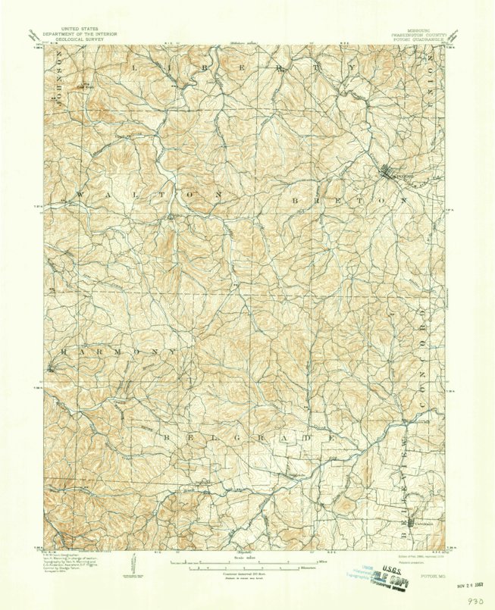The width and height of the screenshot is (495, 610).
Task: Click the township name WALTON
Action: click(x=148, y=195)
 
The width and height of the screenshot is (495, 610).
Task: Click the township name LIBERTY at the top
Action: click(x=243, y=67)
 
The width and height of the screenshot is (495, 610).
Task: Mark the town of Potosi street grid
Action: click(x=393, y=174)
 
